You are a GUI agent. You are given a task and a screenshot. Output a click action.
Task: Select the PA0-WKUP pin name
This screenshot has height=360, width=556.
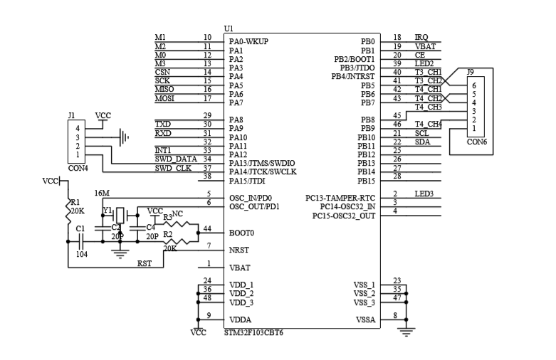(248, 41)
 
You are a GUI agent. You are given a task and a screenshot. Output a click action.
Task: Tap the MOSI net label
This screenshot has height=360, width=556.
(164, 98)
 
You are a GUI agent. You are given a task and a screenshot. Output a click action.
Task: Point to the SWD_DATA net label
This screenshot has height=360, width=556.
(175, 159)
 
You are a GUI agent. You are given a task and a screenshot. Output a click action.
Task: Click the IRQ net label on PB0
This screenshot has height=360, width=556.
(421, 37)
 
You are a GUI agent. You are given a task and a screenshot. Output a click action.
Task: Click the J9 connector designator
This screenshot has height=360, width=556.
(470, 72)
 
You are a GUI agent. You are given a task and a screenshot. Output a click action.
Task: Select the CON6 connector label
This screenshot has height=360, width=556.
(477, 142)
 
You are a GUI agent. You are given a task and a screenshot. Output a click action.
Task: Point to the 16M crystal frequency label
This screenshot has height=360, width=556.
(102, 194)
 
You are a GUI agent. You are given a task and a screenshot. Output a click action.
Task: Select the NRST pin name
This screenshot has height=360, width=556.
(238, 250)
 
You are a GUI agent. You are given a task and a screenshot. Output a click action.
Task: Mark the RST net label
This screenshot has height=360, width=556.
(144, 263)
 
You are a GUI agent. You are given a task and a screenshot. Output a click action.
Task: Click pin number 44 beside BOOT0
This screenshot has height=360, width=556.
(207, 228)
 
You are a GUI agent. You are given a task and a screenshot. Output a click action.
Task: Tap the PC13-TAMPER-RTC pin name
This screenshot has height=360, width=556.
(340, 198)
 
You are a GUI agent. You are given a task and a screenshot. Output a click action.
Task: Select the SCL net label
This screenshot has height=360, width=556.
(421, 133)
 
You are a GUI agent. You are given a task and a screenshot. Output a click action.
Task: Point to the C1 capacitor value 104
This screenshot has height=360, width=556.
(81, 253)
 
